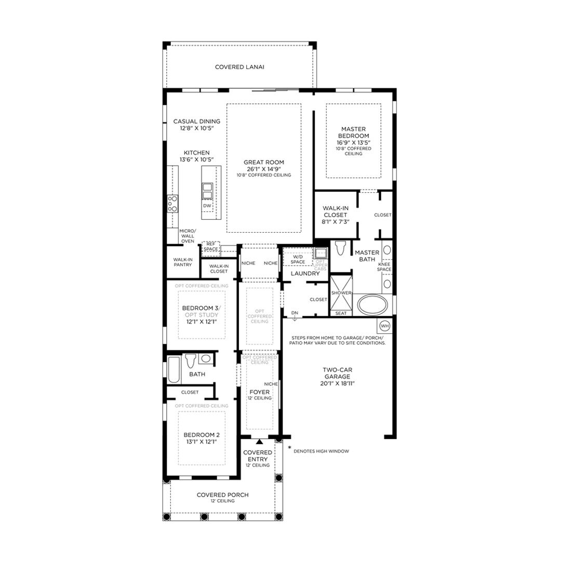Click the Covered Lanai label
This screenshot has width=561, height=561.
[x=239, y=67]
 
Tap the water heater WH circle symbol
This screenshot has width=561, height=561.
[x=384, y=326]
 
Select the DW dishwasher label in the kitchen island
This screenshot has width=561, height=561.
[x=207, y=206]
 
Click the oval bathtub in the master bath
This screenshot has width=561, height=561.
[x=372, y=304]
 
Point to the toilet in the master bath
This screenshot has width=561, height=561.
[x=340, y=248]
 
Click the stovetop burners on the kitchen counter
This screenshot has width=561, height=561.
[x=172, y=204]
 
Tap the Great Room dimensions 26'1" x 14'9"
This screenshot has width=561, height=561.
[x=264, y=169]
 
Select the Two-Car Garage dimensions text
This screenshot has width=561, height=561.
[x=338, y=383]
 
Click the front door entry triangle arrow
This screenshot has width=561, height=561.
[x=259, y=442]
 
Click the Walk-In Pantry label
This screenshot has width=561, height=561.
[x=183, y=262]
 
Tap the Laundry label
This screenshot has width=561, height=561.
[x=305, y=273]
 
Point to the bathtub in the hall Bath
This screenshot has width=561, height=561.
[x=174, y=369]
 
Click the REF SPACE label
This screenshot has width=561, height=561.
[x=211, y=247]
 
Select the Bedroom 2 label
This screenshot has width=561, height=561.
[x=202, y=435]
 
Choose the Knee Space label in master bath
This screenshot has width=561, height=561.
[x=384, y=267]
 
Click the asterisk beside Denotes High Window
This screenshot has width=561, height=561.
[x=289, y=447]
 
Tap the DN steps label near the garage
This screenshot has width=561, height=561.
[x=295, y=313]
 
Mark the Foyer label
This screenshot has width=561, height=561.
[x=259, y=392]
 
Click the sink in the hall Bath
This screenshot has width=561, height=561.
[x=205, y=358]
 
